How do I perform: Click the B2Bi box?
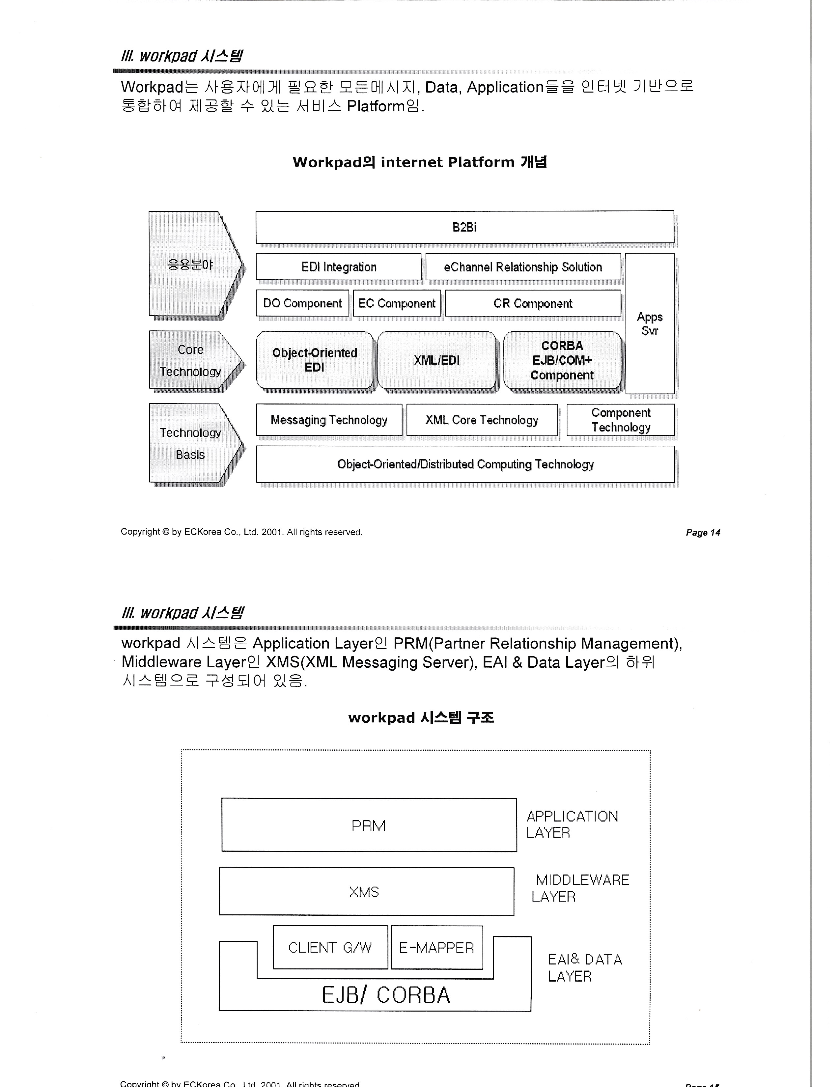pyautogui.click(x=464, y=227)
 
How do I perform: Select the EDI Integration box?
pyautogui.click(x=338, y=267)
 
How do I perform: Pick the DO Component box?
pyautogui.click(x=302, y=303)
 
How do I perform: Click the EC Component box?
pyautogui.click(x=397, y=303)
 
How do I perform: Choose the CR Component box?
pyautogui.click(x=532, y=303)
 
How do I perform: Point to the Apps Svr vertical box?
pyautogui.click(x=649, y=323)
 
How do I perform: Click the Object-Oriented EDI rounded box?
pyautogui.click(x=315, y=360)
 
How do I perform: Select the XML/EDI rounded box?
pyautogui.click(x=436, y=360)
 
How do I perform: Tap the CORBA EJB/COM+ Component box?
pyautogui.click(x=562, y=360)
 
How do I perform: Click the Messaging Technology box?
pyautogui.click(x=329, y=420)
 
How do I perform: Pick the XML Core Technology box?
pyautogui.click(x=482, y=420)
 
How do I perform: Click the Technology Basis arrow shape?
pyautogui.click(x=192, y=443)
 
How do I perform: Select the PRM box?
pyautogui.click(x=369, y=826)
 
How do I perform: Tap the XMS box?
pyautogui.click(x=366, y=891)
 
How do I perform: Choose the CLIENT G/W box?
pyautogui.click(x=330, y=947)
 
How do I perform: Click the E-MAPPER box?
pyautogui.click(x=436, y=947)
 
